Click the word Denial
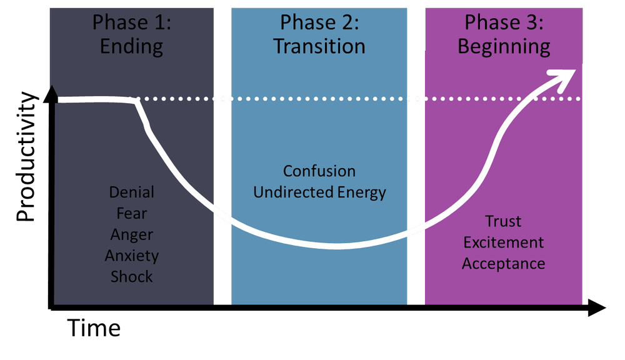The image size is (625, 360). point(131,192)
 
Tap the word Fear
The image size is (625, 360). point(131,213)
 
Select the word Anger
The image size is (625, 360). point(131,234)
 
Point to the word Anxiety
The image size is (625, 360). point(131,256)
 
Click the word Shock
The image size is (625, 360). point(131,276)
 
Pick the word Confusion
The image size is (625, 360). point(319,171)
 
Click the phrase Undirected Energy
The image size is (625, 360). point(319,192)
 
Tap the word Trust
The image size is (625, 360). point(503,221)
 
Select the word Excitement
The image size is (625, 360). point(503,242)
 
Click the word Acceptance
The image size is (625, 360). point(503,263)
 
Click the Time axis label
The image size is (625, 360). point(94,327)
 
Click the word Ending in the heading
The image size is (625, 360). point(131,47)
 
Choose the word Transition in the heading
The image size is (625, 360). point(319,47)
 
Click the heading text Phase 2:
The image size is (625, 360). point(319,22)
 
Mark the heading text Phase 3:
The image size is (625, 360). point(504,22)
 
